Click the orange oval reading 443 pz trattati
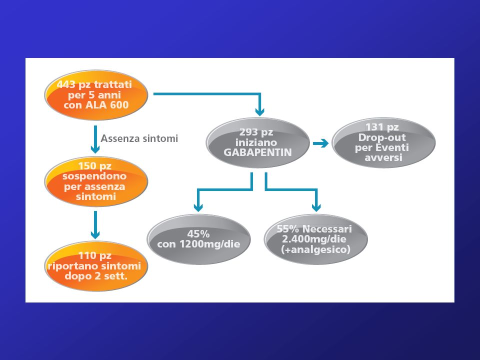pyautogui.click(x=96, y=95)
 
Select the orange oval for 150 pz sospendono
pyautogui.click(x=96, y=181)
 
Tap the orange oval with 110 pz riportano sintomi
pyautogui.click(x=96, y=266)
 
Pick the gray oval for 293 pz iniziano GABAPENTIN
pyautogui.click(x=258, y=142)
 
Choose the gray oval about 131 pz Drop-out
pyautogui.click(x=383, y=142)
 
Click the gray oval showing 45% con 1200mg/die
pyautogui.click(x=198, y=239)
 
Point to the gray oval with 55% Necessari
pyautogui.click(x=316, y=239)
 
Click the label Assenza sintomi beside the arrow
pyautogui.click(x=139, y=138)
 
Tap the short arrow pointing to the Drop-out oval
pyautogui.click(x=321, y=143)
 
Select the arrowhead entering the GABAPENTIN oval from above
pyautogui.click(x=259, y=111)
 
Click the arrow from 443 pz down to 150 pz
pyautogui.click(x=95, y=139)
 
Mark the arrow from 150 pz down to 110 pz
pyautogui.click(x=95, y=225)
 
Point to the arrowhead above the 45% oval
pyautogui.click(x=198, y=207)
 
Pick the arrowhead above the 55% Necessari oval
pyautogui.click(x=316, y=207)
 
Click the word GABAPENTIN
pyautogui.click(x=258, y=152)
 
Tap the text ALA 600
pyautogui.click(x=107, y=105)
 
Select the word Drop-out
pyautogui.click(x=381, y=137)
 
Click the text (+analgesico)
pyautogui.click(x=315, y=249)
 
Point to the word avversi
pyautogui.click(x=383, y=158)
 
